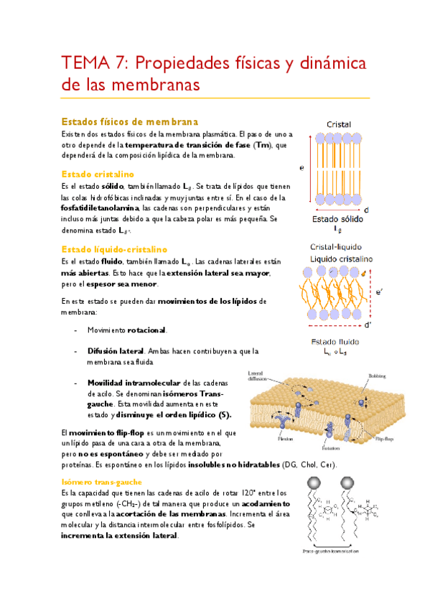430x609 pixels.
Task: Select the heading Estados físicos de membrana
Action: point(130,121)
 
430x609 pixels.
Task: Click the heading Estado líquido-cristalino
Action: point(114,248)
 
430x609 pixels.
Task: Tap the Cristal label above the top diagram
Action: point(338,124)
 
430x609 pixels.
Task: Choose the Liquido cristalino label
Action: point(338,259)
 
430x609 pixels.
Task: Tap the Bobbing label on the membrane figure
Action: point(377,376)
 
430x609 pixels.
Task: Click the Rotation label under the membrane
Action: point(331,446)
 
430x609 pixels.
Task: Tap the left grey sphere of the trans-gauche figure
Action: point(313,483)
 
